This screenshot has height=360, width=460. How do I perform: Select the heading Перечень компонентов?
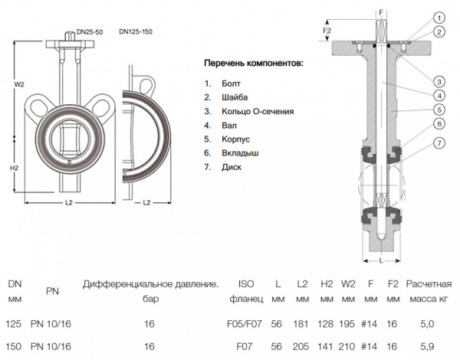253,62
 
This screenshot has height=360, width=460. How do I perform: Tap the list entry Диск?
230,168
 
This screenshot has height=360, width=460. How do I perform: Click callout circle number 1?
438,17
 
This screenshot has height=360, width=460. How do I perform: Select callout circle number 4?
438,95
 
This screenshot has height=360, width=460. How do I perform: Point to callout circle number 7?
438,142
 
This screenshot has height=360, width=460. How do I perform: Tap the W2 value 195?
348,325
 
